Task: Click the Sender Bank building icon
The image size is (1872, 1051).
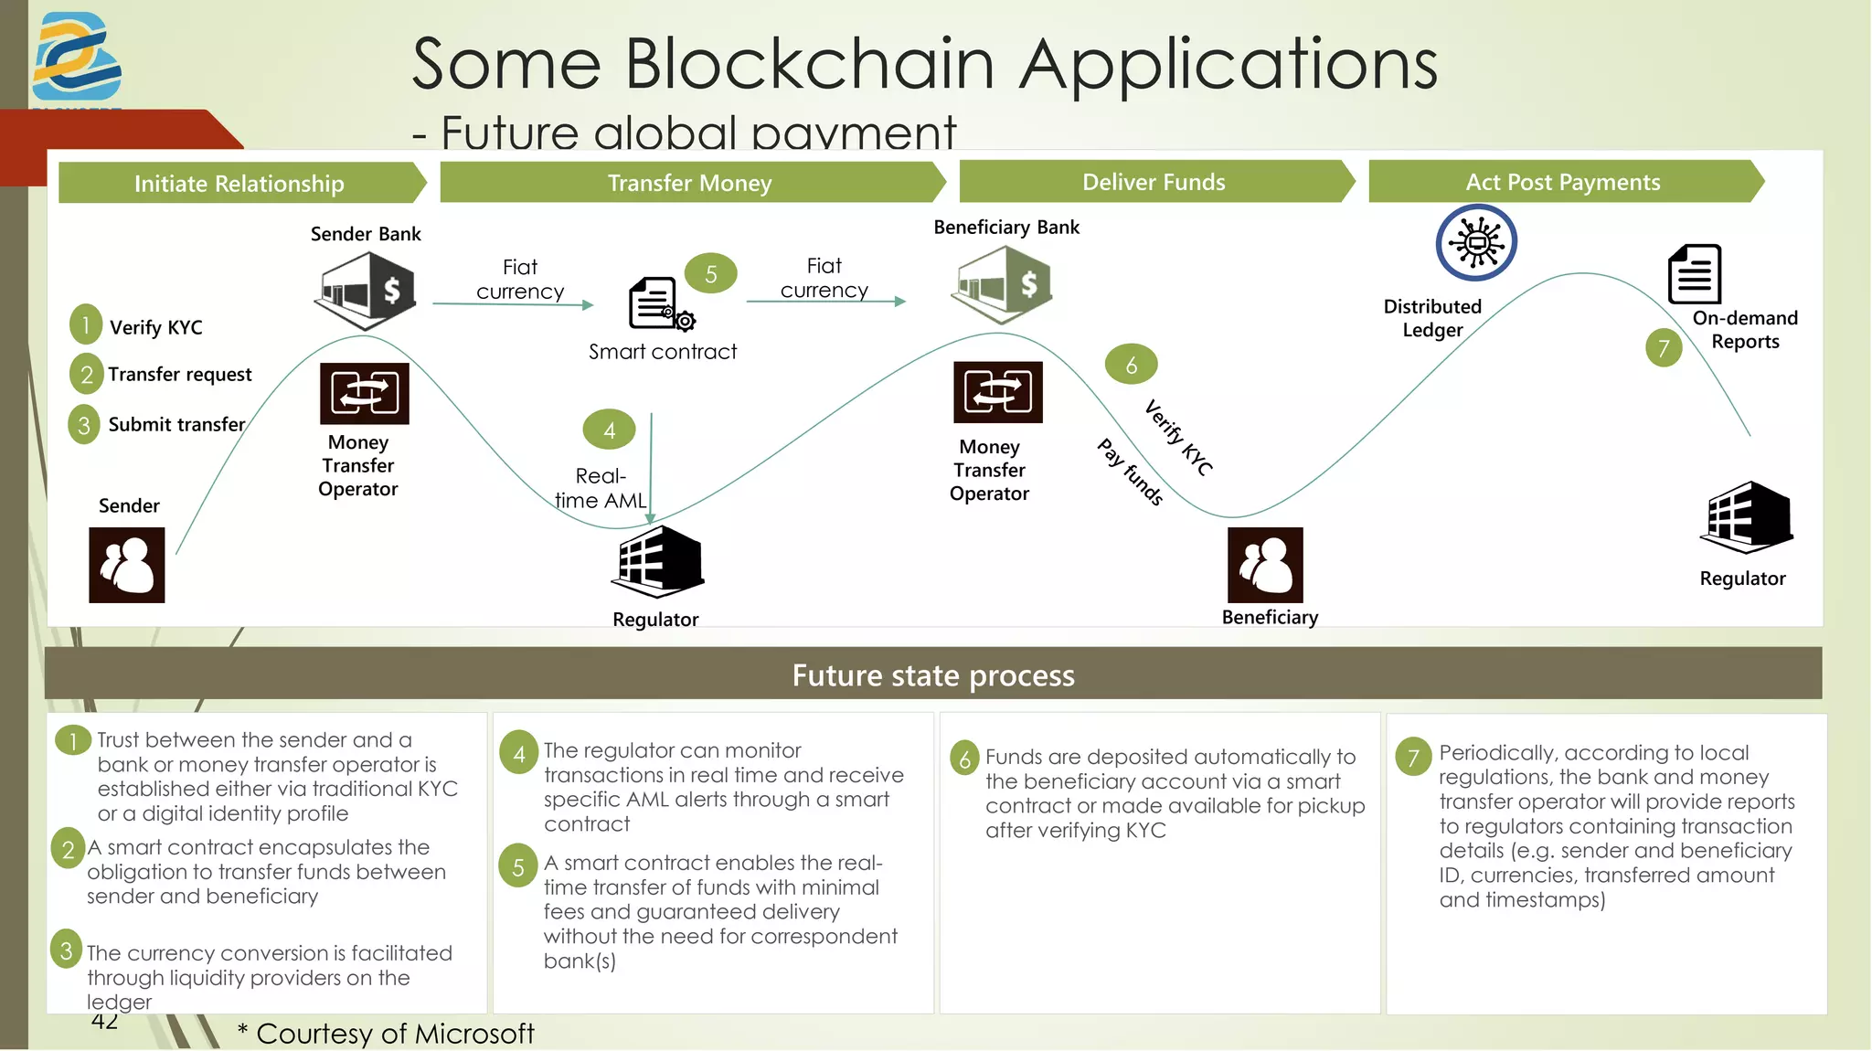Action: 367,291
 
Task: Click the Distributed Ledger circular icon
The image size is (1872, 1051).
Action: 1476,242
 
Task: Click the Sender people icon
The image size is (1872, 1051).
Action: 127,565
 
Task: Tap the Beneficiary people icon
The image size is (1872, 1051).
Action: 1265,565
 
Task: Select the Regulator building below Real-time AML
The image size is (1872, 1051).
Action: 657,562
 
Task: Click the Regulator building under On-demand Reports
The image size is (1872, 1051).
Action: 1747,516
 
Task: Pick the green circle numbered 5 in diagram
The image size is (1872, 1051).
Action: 710,274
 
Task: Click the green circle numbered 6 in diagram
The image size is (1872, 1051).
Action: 1131,365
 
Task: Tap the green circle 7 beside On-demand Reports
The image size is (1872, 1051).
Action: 1664,348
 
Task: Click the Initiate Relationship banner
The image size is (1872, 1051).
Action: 239,184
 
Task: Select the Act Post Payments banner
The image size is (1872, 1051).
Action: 1562,182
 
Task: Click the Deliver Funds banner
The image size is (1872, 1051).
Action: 1154,182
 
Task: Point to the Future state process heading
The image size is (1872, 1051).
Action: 932,674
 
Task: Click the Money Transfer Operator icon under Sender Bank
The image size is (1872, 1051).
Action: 364,394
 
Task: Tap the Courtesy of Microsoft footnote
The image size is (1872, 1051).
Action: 386,1034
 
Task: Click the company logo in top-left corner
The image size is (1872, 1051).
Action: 77,57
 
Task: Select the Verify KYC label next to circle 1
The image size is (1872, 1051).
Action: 155,327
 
